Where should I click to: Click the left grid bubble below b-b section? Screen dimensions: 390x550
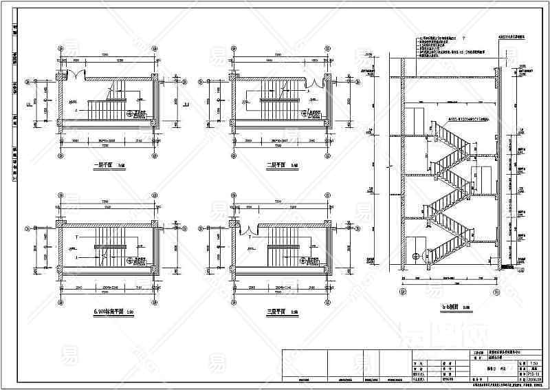click(x=404, y=292)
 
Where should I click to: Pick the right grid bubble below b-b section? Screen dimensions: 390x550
click(x=496, y=292)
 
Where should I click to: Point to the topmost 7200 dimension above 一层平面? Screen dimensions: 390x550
click(x=106, y=54)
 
